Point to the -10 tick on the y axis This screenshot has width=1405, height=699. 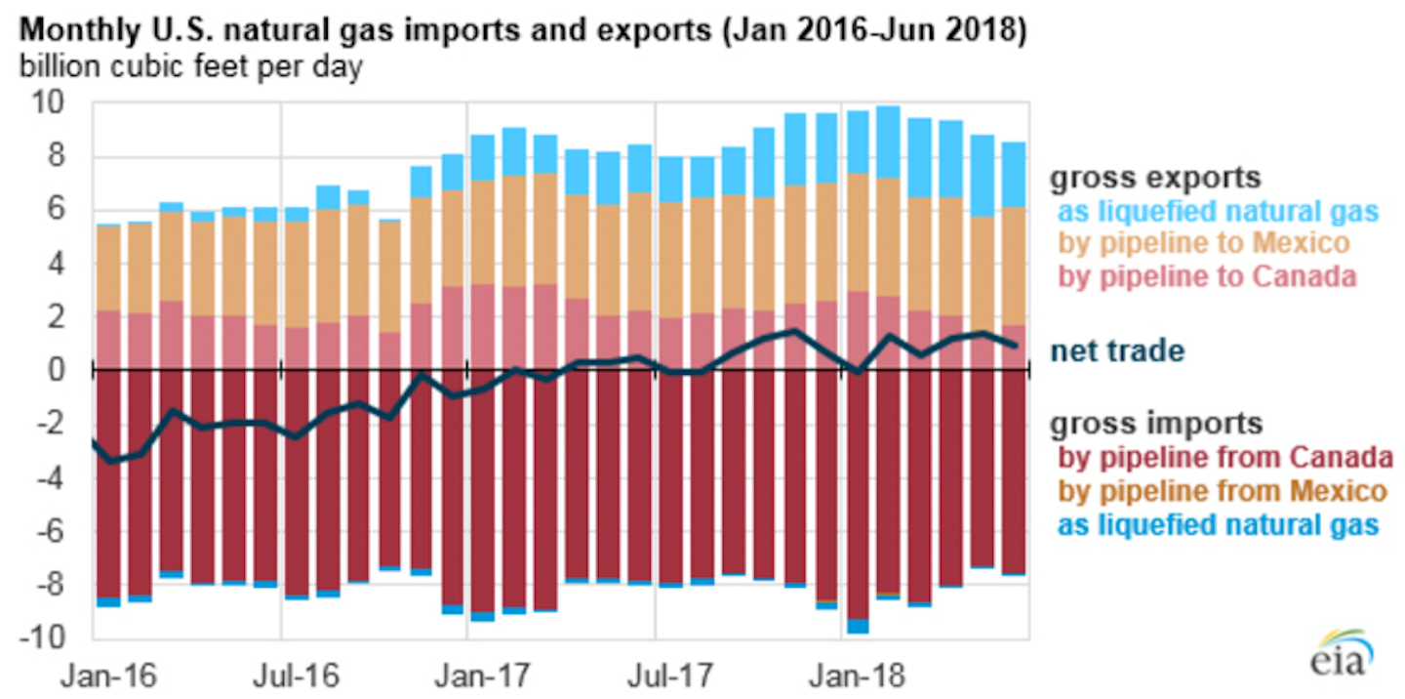point(49,637)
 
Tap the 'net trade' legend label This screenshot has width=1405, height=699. point(1117,350)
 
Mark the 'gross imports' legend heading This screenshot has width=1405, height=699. point(1155,424)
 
